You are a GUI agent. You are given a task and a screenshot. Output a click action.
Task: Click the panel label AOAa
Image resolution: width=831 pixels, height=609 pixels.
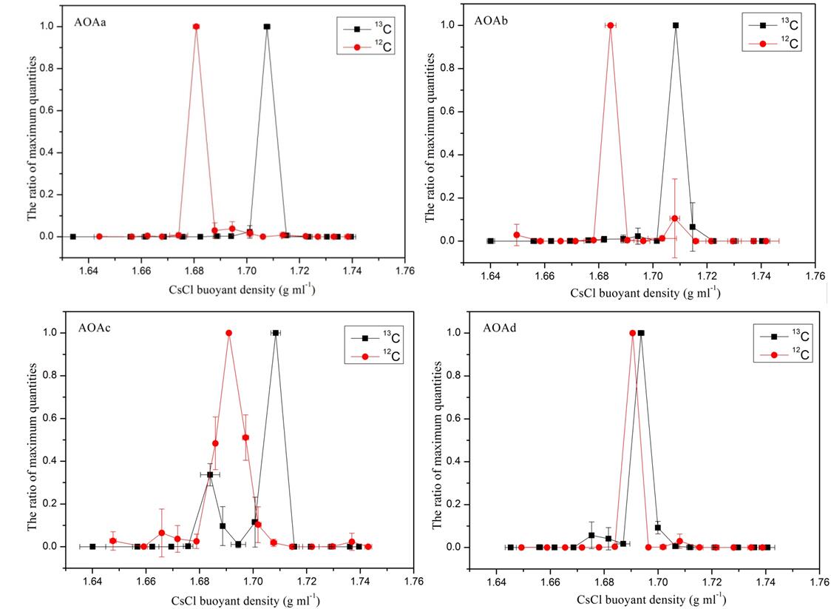(89, 21)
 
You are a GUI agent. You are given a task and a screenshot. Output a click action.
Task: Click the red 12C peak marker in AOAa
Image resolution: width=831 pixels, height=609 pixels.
(196, 27)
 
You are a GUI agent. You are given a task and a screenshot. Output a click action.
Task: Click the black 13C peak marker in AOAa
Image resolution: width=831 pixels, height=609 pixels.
(267, 27)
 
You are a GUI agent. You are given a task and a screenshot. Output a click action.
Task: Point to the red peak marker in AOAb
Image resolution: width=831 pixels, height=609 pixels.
(610, 25)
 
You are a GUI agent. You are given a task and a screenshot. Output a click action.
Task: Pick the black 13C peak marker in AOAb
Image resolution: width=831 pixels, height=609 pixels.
(675, 25)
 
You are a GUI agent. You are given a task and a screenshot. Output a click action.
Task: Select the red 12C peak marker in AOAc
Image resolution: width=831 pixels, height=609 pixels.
(229, 333)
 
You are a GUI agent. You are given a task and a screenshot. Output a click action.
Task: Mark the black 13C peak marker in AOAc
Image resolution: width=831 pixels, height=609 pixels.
(276, 333)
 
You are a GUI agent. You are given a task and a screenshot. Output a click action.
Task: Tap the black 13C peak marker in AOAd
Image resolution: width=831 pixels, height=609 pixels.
(641, 333)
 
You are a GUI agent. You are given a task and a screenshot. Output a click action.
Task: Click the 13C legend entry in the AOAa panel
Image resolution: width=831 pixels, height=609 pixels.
(367, 30)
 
